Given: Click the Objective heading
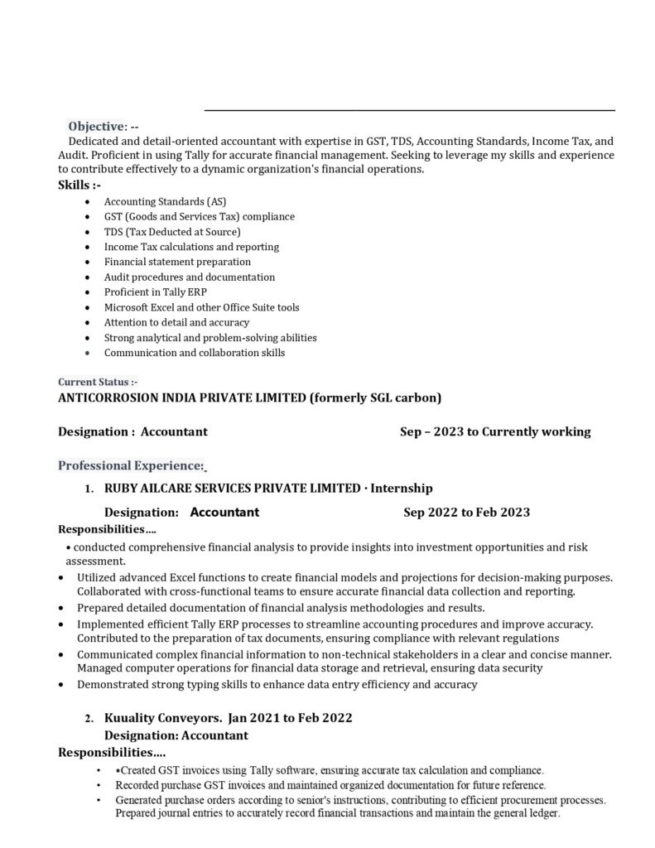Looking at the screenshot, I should pyautogui.click(x=96, y=127).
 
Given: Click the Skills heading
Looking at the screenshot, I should pyautogui.click(x=79, y=185).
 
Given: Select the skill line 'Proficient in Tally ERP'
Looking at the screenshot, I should pyautogui.click(x=156, y=292).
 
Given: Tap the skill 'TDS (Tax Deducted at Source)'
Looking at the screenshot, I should pyautogui.click(x=172, y=232).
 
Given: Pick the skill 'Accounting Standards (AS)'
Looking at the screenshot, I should pyautogui.click(x=165, y=201).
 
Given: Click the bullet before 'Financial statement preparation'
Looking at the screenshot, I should pyautogui.click(x=89, y=263).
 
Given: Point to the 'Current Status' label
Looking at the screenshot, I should pyautogui.click(x=97, y=383).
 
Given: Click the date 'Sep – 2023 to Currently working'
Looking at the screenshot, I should pyautogui.click(x=495, y=431).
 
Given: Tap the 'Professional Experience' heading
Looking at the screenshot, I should pyautogui.click(x=131, y=466).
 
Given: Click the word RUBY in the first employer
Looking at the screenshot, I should pyautogui.click(x=121, y=489).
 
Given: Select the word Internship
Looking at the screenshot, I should pyautogui.click(x=401, y=489).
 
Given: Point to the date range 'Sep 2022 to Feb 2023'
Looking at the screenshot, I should pyautogui.click(x=466, y=513).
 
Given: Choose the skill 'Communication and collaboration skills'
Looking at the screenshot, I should pyautogui.click(x=194, y=353).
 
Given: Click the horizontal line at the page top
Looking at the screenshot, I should pyautogui.click(x=409, y=109).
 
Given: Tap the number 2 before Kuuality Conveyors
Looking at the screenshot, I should pyautogui.click(x=88, y=719).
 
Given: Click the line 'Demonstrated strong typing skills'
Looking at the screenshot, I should pyautogui.click(x=277, y=685).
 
